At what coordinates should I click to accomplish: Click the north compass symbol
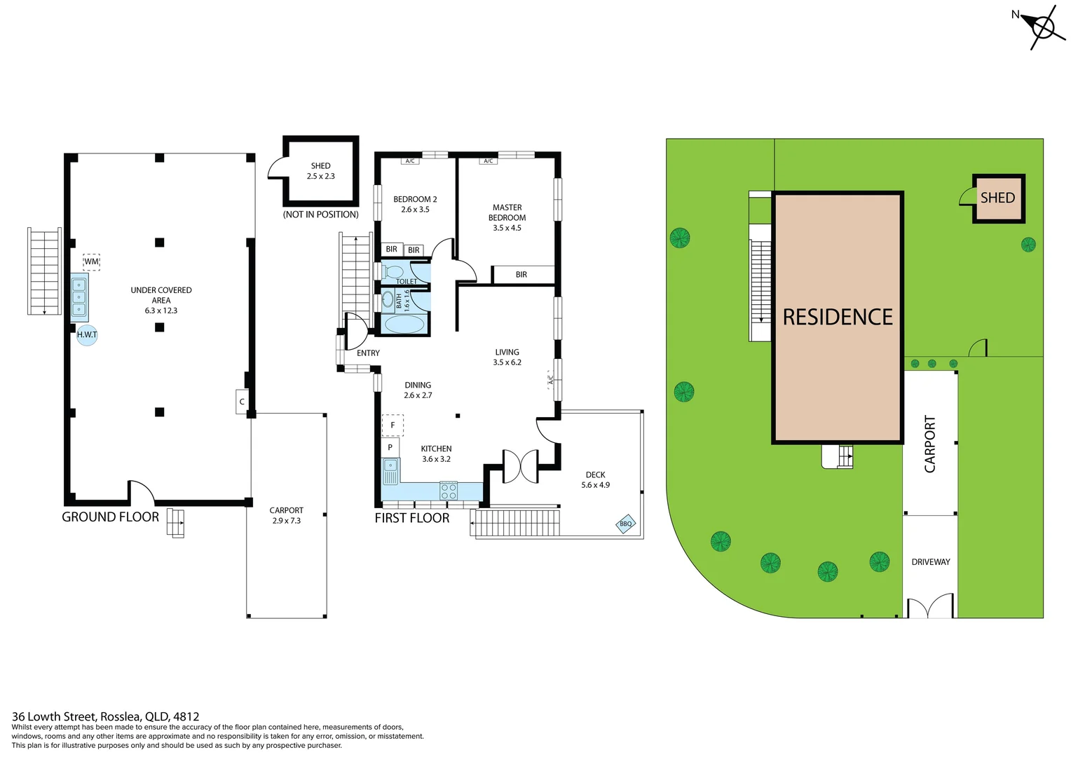1042,28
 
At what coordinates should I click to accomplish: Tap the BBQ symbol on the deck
625,524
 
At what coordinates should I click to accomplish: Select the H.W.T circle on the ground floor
87,335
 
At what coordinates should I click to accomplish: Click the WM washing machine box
91,261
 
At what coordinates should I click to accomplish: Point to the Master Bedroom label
507,217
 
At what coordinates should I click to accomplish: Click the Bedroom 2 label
415,204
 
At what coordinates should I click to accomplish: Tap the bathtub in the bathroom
404,325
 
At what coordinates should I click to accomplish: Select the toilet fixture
393,272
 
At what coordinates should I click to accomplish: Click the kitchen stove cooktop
449,491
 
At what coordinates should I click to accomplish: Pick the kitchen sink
390,470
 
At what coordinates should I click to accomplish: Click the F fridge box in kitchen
393,425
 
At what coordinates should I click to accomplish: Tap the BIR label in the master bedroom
521,275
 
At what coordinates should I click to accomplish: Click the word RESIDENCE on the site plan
838,318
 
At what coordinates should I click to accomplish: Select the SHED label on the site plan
997,198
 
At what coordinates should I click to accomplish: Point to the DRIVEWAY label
930,562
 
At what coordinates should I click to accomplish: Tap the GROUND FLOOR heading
110,517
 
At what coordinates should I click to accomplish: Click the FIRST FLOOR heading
411,519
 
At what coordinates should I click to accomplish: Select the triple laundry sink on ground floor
79,296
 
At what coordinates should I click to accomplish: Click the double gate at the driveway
930,607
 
